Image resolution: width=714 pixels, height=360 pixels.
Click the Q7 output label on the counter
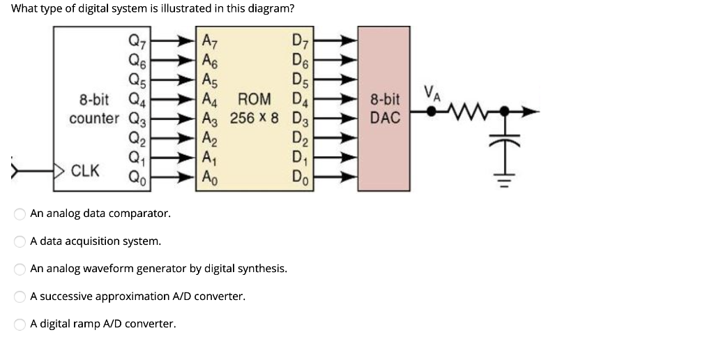(x=137, y=40)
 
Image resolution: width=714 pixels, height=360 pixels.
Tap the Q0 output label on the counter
(x=137, y=177)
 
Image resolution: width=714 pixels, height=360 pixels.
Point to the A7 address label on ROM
(x=208, y=40)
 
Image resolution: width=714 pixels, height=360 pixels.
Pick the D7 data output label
(x=301, y=40)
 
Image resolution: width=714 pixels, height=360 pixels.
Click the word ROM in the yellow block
(x=255, y=99)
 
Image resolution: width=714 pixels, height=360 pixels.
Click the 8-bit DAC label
(x=385, y=109)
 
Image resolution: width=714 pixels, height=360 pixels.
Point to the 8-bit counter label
(x=93, y=109)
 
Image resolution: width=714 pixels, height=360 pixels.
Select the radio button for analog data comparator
(x=21, y=213)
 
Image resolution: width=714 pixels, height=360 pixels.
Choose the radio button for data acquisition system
(x=21, y=241)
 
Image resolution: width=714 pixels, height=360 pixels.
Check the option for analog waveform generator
(x=21, y=269)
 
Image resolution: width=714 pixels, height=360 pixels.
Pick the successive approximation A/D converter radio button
(x=21, y=297)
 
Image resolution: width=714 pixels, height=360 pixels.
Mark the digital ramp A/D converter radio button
(x=21, y=324)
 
